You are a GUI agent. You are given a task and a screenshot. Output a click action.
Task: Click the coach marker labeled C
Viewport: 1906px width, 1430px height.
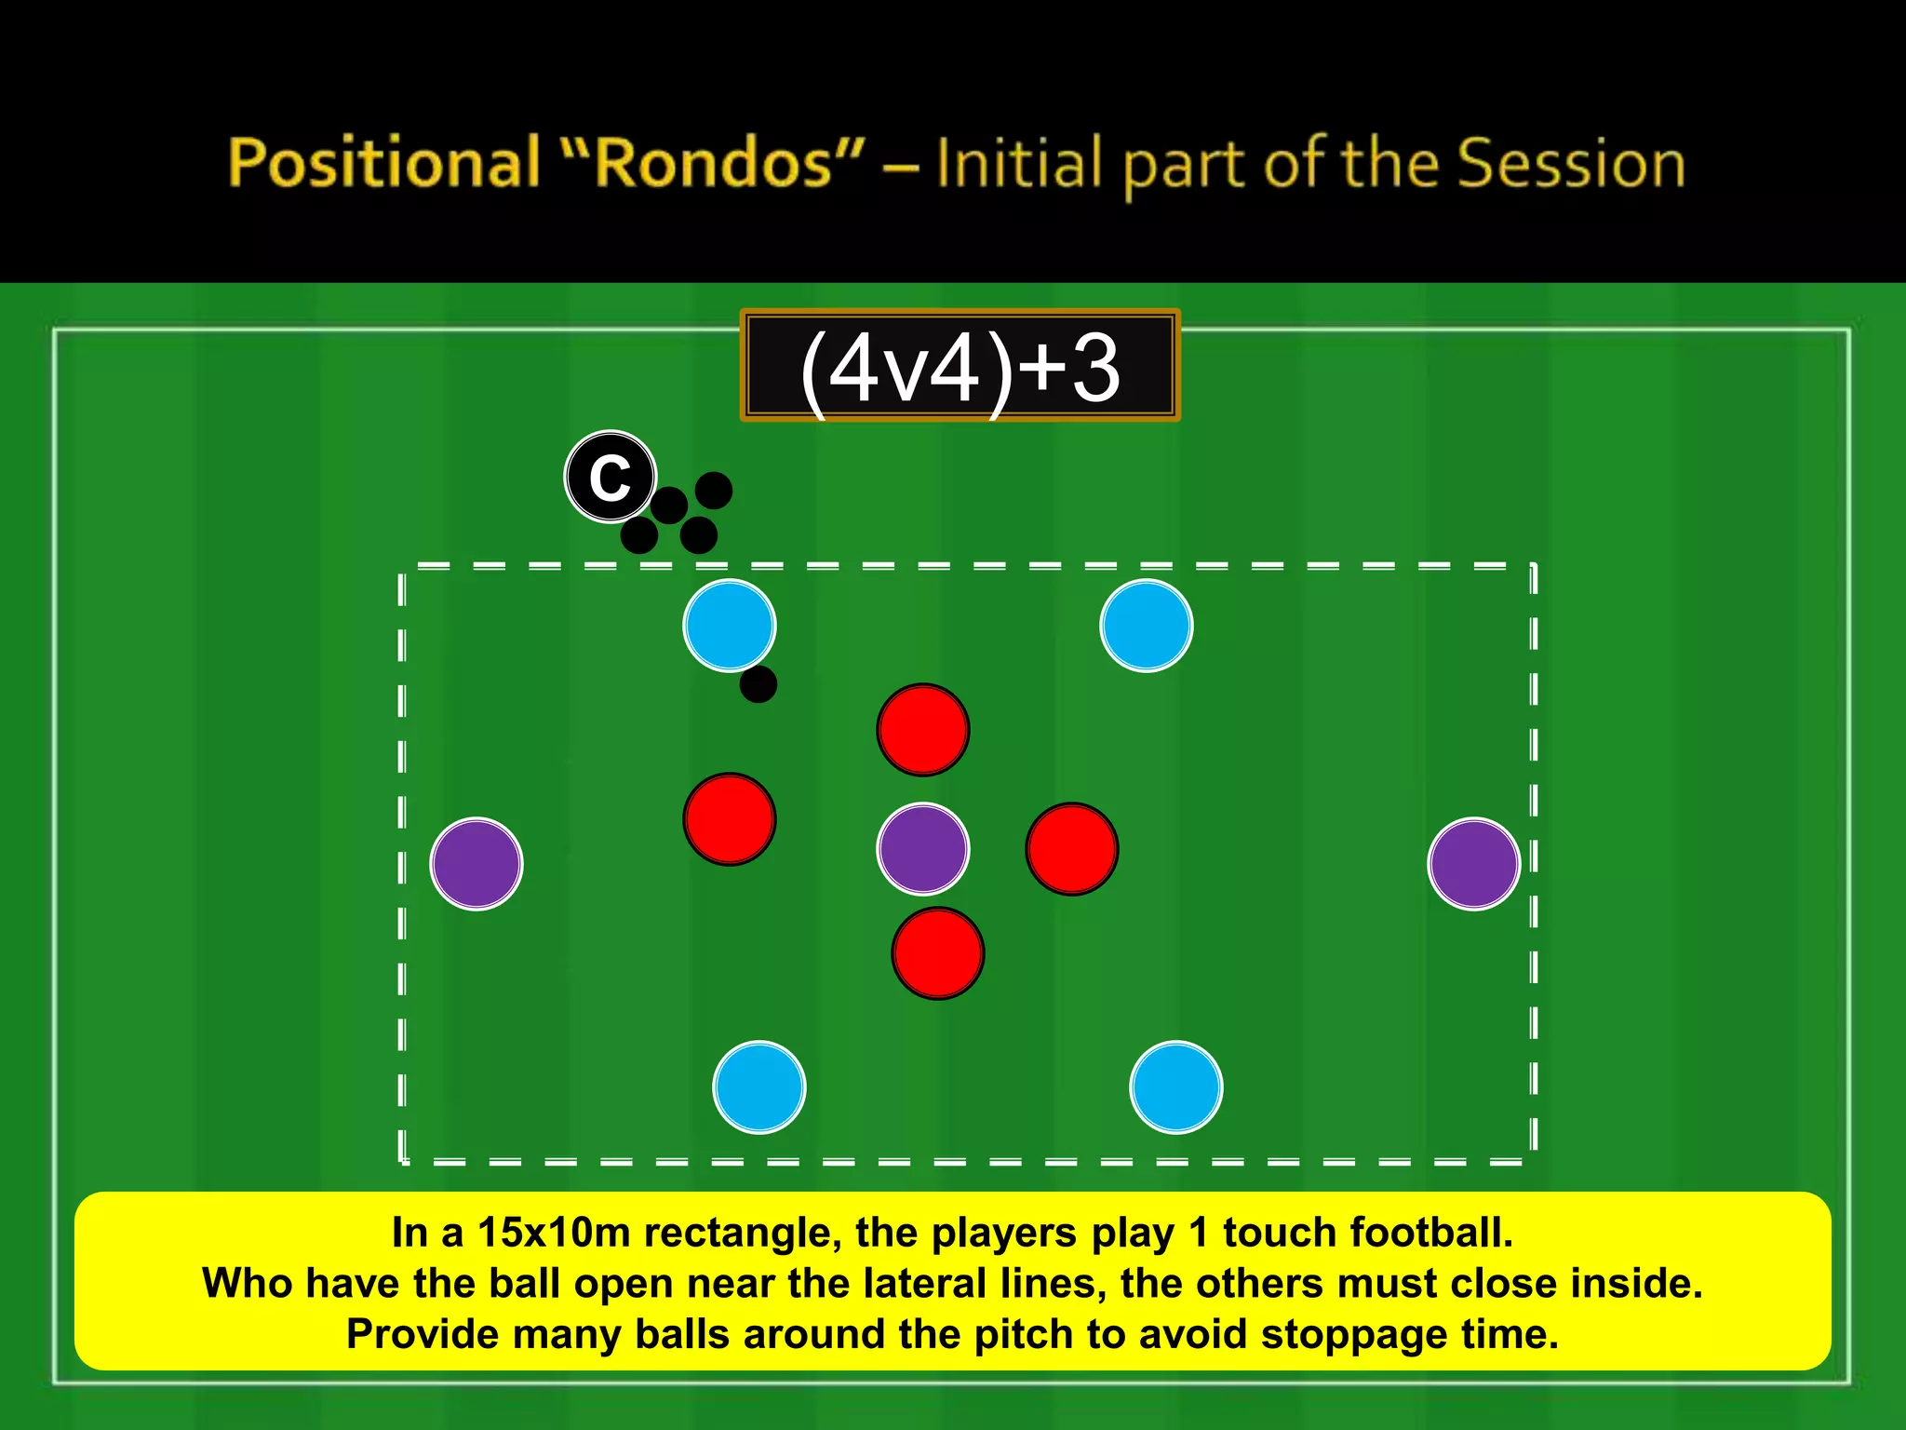click(x=611, y=477)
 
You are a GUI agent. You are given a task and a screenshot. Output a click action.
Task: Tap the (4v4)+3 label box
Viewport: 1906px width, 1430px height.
click(x=960, y=366)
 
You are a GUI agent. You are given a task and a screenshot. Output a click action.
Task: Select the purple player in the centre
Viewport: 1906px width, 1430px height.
click(x=923, y=849)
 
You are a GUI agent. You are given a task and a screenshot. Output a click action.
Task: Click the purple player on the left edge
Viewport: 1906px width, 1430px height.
click(x=476, y=864)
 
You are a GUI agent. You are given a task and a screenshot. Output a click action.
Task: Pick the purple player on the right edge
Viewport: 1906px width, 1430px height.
click(x=1473, y=864)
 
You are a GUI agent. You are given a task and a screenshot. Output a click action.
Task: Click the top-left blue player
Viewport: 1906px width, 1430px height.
click(x=730, y=626)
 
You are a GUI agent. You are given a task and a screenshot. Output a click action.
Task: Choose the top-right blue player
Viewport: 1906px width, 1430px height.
click(x=1146, y=626)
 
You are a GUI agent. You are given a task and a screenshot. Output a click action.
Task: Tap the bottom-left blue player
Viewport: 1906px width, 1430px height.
click(x=759, y=1086)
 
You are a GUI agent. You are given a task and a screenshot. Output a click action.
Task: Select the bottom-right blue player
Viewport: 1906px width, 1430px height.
click(x=1175, y=1086)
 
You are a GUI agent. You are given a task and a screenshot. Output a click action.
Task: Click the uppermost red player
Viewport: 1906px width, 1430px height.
click(x=923, y=730)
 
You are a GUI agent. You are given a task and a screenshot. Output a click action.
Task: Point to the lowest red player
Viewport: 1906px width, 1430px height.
click(x=938, y=953)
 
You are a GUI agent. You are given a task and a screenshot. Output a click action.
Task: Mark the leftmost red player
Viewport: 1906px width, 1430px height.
click(x=730, y=819)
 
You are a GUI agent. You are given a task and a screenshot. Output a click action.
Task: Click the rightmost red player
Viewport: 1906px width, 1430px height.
click(x=1072, y=849)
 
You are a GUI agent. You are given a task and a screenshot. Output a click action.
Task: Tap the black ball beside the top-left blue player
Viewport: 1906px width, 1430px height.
click(x=758, y=684)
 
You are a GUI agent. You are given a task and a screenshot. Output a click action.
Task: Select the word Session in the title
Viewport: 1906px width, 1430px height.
click(x=1571, y=163)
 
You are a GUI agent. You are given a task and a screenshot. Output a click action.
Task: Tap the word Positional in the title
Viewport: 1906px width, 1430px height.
click(x=384, y=163)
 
